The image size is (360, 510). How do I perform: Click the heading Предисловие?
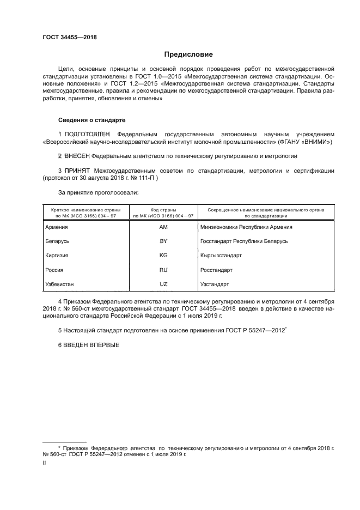(189, 54)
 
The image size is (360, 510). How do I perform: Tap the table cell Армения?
(57, 227)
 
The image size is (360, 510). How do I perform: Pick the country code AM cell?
(163, 227)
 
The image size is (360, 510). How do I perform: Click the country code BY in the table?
(163, 241)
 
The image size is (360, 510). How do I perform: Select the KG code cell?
(163, 256)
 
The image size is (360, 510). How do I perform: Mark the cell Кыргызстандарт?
(221, 256)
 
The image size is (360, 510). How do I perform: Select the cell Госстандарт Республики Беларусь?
(244, 241)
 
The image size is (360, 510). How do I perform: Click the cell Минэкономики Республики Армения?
(247, 227)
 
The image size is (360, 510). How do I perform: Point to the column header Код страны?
(163, 210)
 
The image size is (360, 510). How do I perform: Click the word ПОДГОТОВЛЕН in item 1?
(87, 133)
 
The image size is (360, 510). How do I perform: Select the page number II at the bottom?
(45, 463)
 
